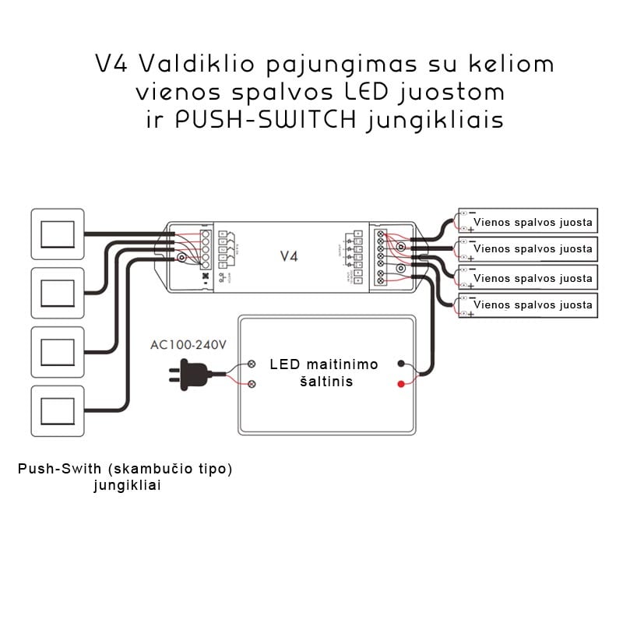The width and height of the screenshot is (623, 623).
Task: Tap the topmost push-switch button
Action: [x=57, y=234]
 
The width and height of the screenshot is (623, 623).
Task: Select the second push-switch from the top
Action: [x=57, y=293]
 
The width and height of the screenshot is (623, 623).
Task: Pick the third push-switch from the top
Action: [x=57, y=352]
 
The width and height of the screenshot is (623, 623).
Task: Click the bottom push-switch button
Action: [x=57, y=410]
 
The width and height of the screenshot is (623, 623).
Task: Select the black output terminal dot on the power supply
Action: [x=401, y=364]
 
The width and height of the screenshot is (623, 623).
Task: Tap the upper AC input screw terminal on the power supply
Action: [x=253, y=364]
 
